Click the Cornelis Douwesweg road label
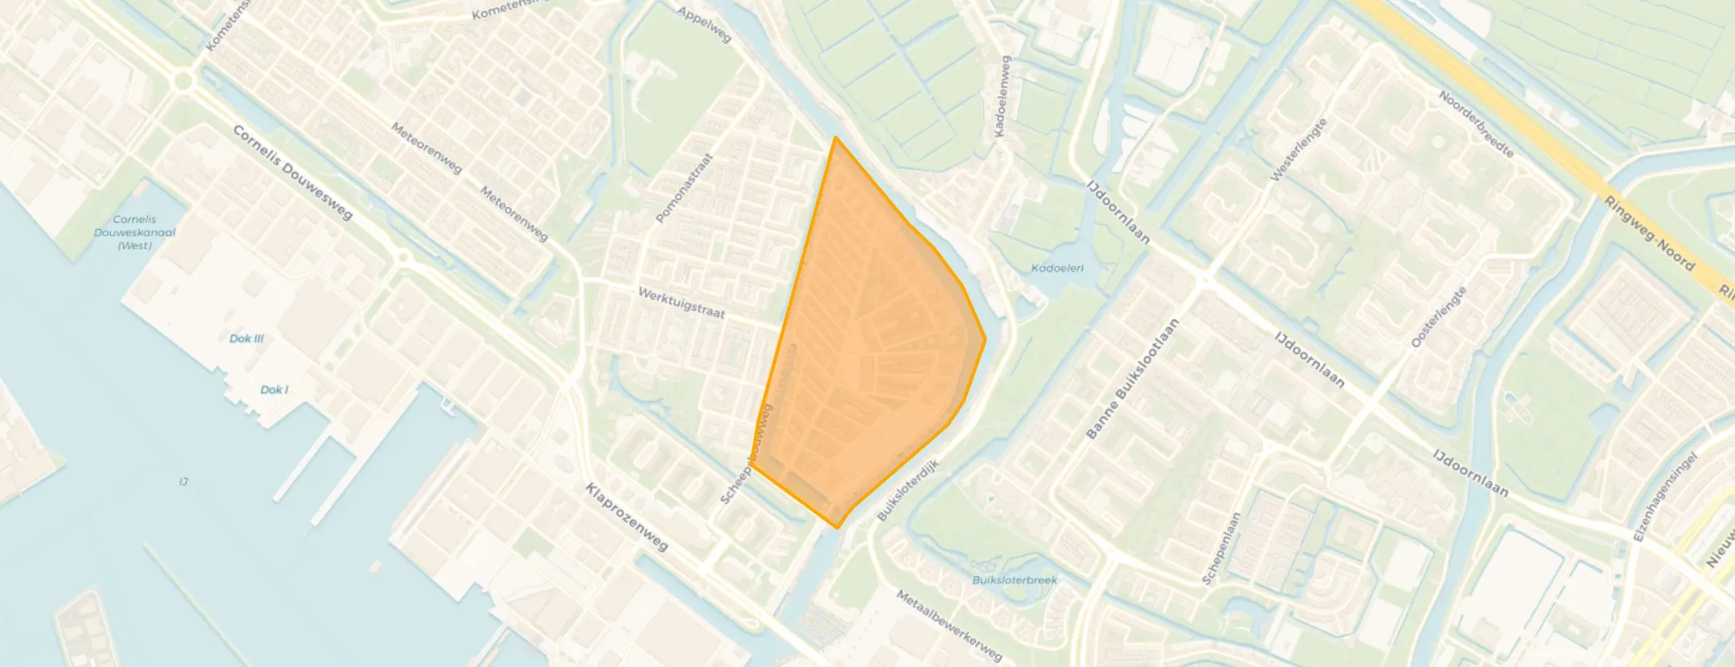click(292, 173)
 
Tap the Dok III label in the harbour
click(247, 339)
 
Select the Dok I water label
click(274, 390)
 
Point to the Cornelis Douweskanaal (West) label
click(135, 233)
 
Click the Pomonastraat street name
click(684, 188)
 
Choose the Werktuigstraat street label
click(681, 303)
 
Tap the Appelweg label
click(704, 25)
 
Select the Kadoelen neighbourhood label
click(1058, 268)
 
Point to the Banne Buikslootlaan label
click(1132, 379)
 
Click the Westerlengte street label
click(1298, 150)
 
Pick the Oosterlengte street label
click(1438, 317)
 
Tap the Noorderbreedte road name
click(1476, 124)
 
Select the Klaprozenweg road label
click(627, 517)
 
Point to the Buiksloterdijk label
click(908, 490)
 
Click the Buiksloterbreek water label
click(1015, 580)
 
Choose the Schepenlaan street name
click(1221, 549)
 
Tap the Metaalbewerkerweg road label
click(949, 626)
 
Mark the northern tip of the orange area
click(836, 137)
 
